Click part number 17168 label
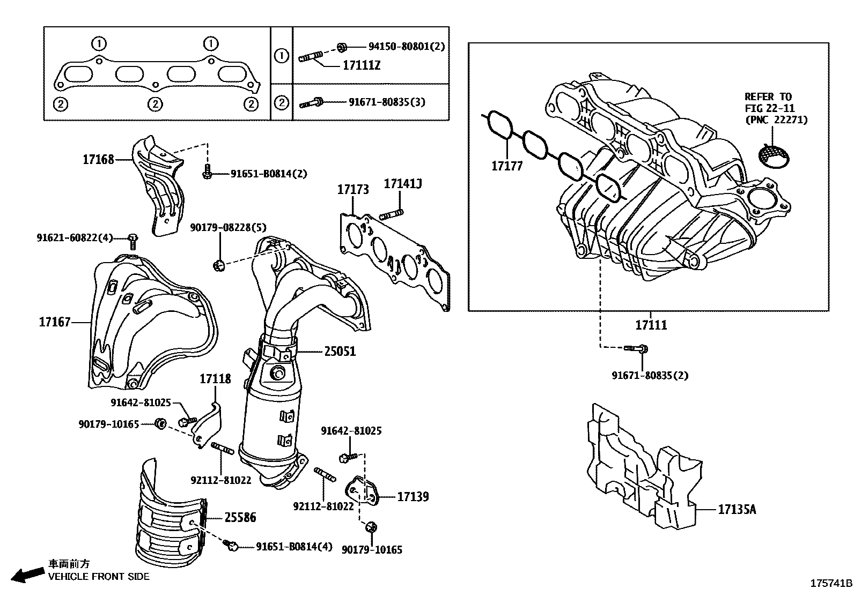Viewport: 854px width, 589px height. click(98, 159)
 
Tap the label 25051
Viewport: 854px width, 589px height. click(340, 352)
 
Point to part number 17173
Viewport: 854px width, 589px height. click(353, 190)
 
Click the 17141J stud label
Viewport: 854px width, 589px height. click(402, 184)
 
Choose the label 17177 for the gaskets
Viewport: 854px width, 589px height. click(507, 166)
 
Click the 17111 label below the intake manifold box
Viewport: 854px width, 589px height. click(651, 325)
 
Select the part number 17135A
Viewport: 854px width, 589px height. click(737, 510)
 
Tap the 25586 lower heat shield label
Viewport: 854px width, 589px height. click(240, 518)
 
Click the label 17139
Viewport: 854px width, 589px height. click(413, 497)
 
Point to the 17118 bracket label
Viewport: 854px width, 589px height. click(215, 379)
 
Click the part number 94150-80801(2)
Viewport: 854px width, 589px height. click(406, 47)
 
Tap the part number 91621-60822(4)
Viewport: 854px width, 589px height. click(75, 237)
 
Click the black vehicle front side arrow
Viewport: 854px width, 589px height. click(28, 575)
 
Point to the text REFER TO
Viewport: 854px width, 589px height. click(768, 97)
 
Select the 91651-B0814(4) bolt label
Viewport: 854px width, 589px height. click(293, 547)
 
